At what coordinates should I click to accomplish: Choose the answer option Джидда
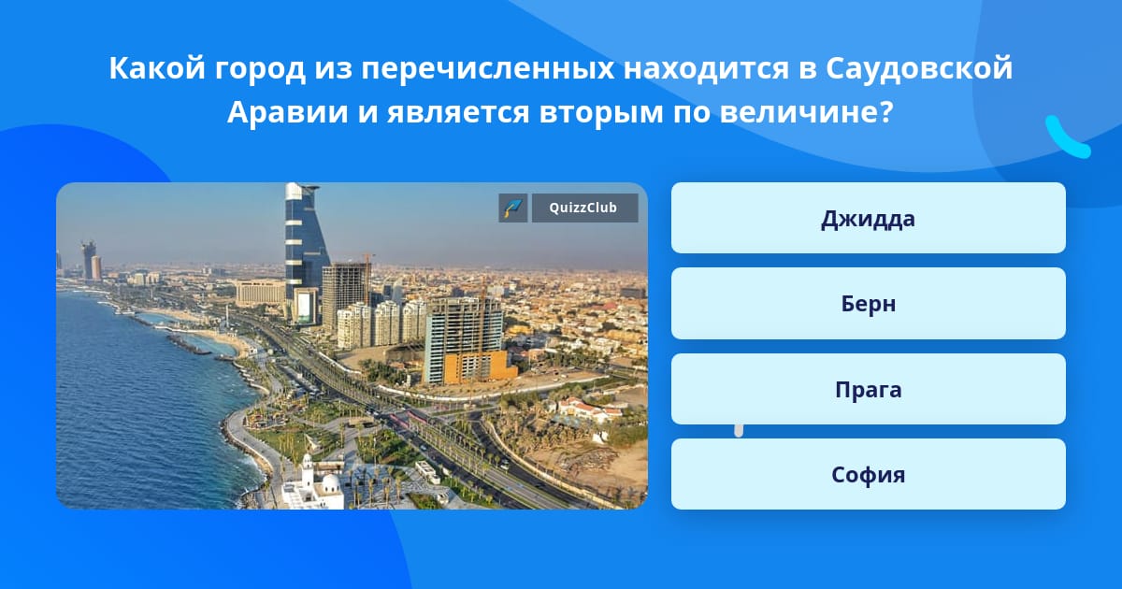tap(868, 218)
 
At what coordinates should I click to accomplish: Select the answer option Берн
tap(868, 304)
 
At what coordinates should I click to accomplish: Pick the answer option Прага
tap(868, 389)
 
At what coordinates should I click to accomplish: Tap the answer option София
tap(868, 474)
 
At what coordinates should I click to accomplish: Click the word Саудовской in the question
tap(919, 68)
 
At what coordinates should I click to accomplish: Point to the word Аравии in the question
tap(288, 111)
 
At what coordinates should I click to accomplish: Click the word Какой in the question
tap(157, 68)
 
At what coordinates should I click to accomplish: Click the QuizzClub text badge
tap(584, 208)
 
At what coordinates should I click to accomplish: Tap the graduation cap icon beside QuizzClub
tap(513, 208)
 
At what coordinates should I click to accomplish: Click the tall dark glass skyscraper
tap(305, 251)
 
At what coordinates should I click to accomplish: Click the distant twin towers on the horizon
tap(91, 261)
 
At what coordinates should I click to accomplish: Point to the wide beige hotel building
tap(261, 293)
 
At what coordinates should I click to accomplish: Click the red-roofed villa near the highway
tap(586, 410)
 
